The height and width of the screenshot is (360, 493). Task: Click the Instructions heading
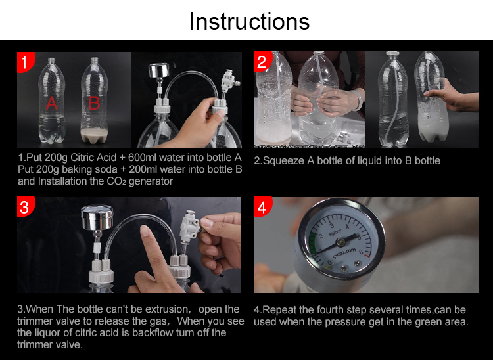click(249, 22)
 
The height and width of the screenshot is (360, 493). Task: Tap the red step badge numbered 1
click(25, 62)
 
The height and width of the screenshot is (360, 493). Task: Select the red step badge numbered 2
click(262, 62)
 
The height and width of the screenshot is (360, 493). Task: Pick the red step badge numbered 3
click(25, 207)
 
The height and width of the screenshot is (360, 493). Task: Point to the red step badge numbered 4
click(262, 207)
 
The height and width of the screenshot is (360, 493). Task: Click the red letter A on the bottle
click(52, 102)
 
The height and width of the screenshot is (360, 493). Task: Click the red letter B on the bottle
click(94, 102)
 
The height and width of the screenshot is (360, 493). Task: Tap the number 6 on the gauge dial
click(361, 252)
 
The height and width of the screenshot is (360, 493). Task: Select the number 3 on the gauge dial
click(331, 226)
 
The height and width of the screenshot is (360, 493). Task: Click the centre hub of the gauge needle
click(340, 242)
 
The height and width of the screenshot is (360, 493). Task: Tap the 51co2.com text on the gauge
click(344, 253)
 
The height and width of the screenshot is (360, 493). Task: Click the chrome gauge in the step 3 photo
click(97, 217)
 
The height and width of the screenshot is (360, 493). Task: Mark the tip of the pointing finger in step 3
click(144, 228)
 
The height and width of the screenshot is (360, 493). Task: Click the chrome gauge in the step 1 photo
click(159, 70)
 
